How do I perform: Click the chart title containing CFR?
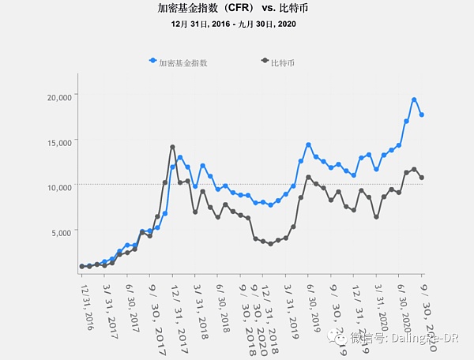[x=236, y=9]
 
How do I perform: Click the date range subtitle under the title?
[x=236, y=24]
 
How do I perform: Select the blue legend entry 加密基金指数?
[x=183, y=62]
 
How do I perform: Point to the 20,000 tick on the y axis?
[x=60, y=96]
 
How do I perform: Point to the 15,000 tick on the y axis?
[x=60, y=142]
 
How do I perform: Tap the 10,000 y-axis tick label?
[x=60, y=187]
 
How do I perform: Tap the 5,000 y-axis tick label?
[x=62, y=232]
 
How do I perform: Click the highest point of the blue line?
[x=414, y=99]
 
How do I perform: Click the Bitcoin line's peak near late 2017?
[x=172, y=147]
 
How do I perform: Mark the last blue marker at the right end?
[x=422, y=115]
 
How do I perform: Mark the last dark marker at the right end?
[x=422, y=178]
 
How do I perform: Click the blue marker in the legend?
[x=152, y=62]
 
